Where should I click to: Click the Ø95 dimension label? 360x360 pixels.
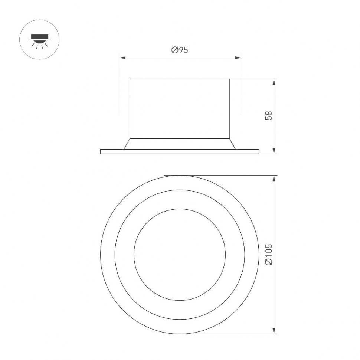(180, 50)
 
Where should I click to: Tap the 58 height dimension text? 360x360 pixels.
(269, 115)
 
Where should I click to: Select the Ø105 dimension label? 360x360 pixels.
(269, 254)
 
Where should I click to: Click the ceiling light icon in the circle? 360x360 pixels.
(39, 39)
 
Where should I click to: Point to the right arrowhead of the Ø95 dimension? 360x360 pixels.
(238, 58)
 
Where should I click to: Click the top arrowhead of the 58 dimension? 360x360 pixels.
(274, 82)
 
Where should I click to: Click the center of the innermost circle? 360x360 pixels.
(180, 255)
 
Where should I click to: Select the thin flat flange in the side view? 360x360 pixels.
(180, 151)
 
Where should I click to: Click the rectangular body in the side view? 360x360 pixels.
(180, 108)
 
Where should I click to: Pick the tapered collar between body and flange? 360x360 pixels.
(180, 144)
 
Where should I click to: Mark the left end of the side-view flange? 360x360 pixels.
(101, 151)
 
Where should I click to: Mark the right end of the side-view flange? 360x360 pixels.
(258, 151)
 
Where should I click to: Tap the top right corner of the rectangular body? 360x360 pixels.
(229, 79)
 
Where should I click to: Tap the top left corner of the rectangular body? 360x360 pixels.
(130, 79)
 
